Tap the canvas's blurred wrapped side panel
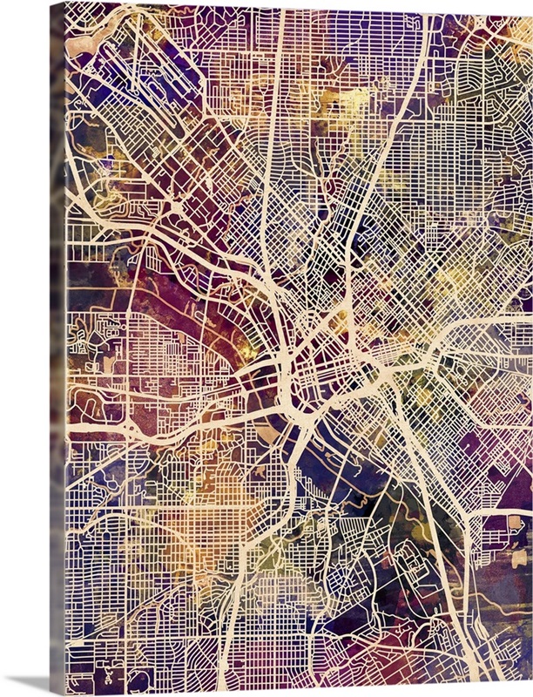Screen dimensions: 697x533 [57, 348]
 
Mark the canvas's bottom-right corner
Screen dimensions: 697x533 [531, 694]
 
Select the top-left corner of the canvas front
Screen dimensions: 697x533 [66, 3]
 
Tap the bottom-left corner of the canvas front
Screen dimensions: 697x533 [66, 694]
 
